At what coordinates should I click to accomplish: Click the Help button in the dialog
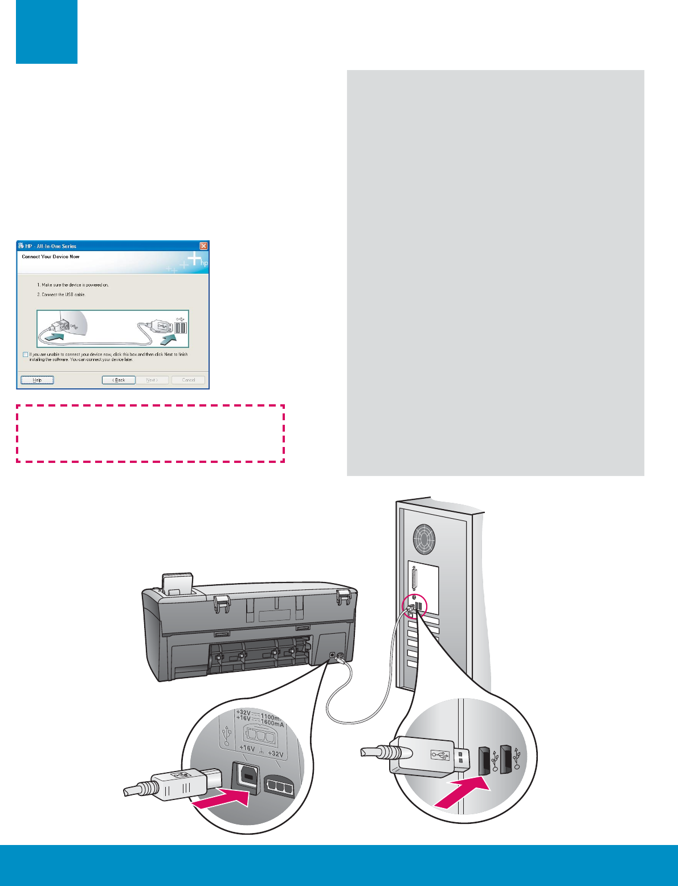point(37,380)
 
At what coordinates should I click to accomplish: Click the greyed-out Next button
point(152,380)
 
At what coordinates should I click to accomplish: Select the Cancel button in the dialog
point(188,380)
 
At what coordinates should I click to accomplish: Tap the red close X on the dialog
point(203,246)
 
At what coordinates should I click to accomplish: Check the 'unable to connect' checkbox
point(25,355)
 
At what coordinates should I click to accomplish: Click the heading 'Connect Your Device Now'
point(51,257)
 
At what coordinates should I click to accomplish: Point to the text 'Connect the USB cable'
point(63,294)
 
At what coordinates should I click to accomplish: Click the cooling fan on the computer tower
point(424,538)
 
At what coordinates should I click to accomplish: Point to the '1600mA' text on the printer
point(272,723)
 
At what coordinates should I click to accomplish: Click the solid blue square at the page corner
point(47,32)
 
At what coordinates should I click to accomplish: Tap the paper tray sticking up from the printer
point(177,583)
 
